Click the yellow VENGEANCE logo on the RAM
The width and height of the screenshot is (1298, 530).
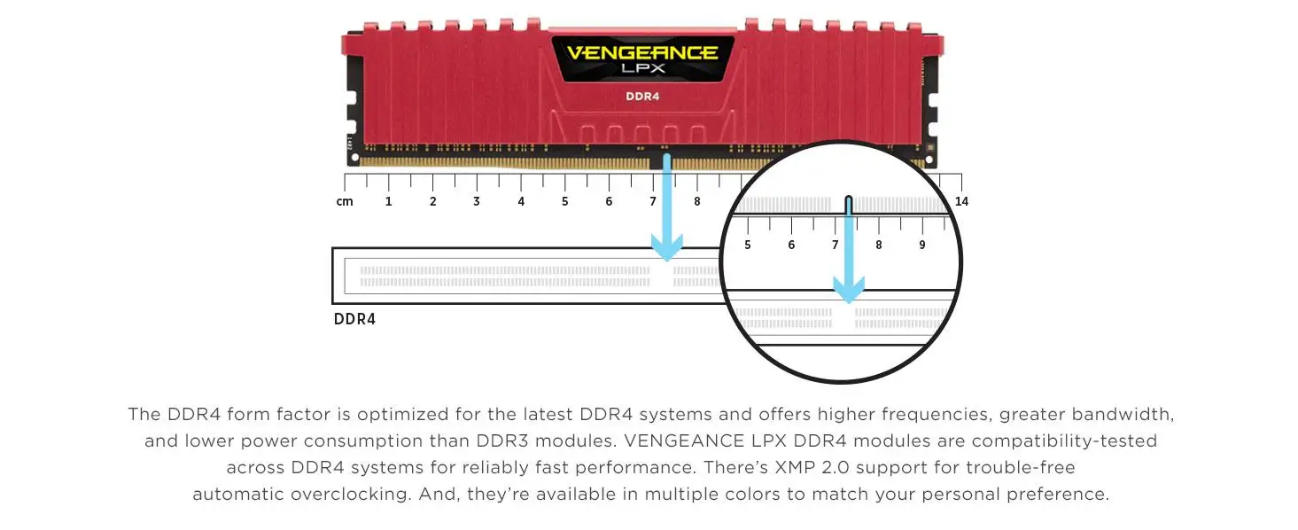(641, 53)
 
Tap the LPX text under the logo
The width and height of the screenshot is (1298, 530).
(641, 69)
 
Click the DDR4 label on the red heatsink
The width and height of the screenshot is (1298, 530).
(642, 96)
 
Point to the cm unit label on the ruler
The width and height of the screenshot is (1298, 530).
(345, 201)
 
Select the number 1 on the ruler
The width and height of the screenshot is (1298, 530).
(388, 201)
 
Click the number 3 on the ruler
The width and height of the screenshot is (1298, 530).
(477, 201)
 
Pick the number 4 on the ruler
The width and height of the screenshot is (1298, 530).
(521, 201)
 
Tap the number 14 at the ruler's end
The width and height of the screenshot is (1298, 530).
(961, 201)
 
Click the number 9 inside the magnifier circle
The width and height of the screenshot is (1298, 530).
(922, 245)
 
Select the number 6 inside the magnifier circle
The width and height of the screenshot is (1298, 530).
(791, 245)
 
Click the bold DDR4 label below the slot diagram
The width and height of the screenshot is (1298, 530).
(354, 319)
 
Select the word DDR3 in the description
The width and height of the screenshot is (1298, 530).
(572, 440)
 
